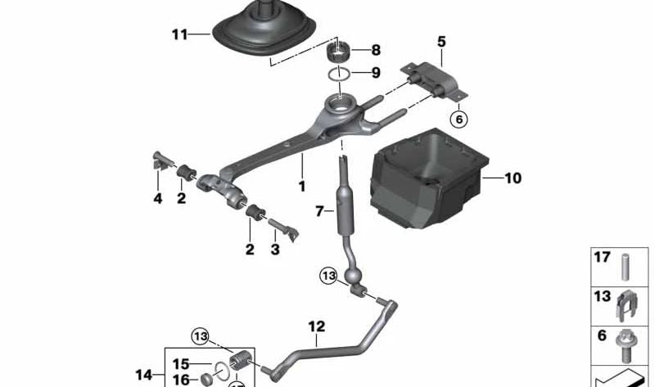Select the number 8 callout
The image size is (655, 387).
(x=375, y=50)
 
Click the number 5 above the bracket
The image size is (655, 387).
(x=441, y=40)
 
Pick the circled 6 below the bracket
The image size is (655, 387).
(x=458, y=119)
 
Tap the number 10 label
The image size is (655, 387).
(x=513, y=178)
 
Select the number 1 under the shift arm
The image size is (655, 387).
(x=302, y=186)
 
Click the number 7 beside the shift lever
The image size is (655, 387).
(x=320, y=212)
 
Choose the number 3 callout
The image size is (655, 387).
(x=275, y=250)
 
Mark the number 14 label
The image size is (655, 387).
(x=143, y=376)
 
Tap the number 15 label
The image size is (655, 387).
(x=180, y=363)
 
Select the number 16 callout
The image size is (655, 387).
(x=180, y=380)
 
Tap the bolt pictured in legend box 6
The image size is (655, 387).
(x=625, y=344)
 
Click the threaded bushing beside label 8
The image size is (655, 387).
(x=338, y=54)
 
